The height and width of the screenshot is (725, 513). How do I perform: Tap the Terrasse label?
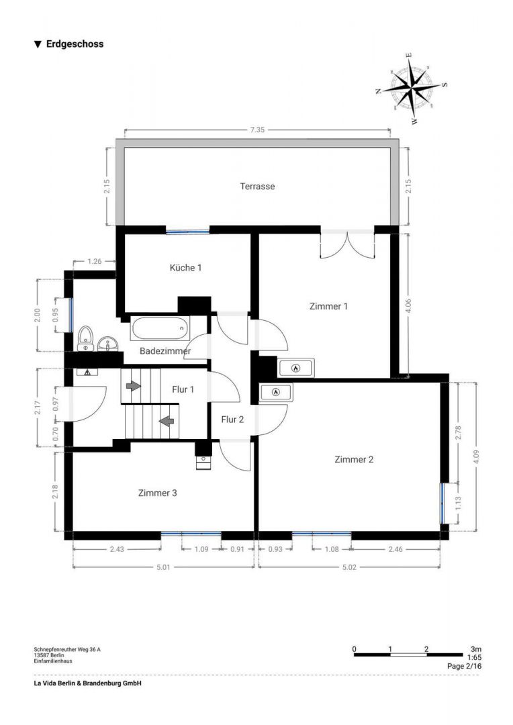(258, 186)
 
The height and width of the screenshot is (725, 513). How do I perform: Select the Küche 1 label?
(185, 267)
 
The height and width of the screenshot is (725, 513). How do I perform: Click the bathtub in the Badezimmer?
(160, 329)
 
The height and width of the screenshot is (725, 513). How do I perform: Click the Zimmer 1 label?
(328, 306)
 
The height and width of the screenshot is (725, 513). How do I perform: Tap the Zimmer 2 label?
(354, 459)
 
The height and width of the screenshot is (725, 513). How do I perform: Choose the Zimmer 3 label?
(157, 493)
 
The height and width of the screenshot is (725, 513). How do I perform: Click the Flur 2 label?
(232, 420)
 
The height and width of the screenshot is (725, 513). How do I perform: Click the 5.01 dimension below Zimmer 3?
(164, 567)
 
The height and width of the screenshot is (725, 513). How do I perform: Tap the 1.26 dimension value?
(94, 261)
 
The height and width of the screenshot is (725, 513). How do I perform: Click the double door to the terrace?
(346, 244)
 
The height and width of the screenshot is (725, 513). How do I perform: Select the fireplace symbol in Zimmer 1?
(295, 367)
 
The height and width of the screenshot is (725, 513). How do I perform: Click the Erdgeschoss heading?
(75, 44)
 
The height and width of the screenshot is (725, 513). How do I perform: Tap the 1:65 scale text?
(474, 658)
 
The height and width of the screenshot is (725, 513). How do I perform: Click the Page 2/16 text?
(464, 667)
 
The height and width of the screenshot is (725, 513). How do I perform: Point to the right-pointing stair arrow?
(133, 386)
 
